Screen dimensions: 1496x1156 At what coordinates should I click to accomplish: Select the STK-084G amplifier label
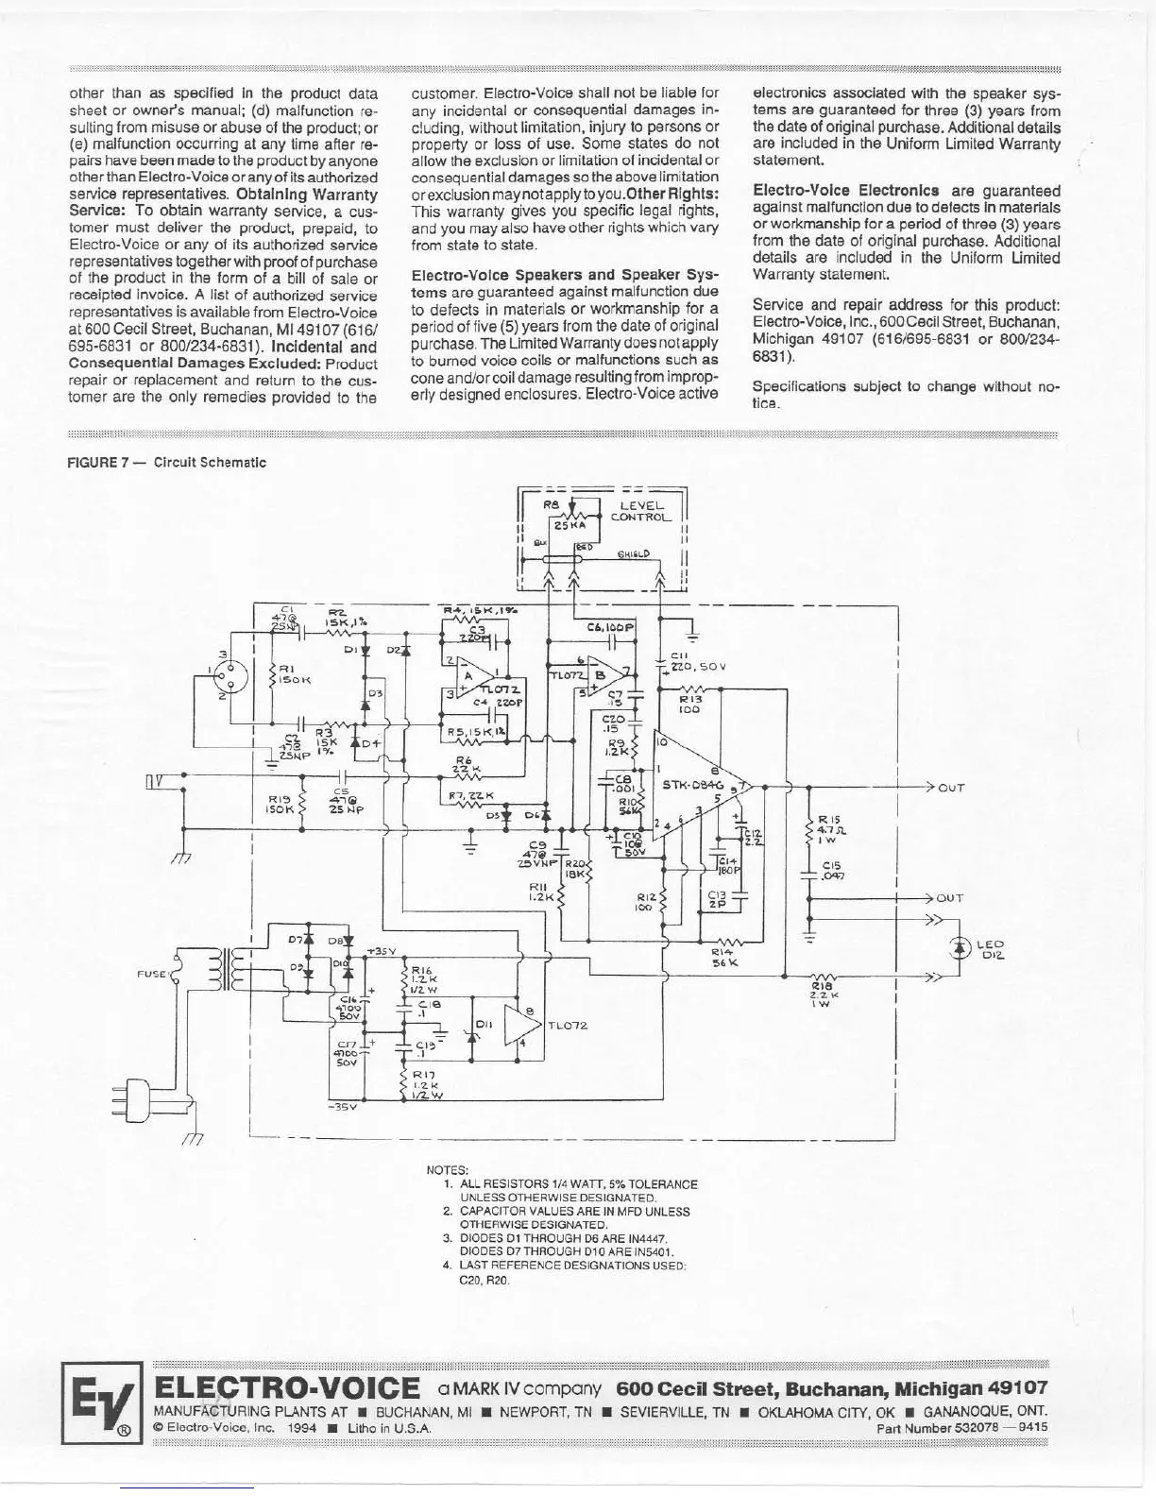(x=691, y=783)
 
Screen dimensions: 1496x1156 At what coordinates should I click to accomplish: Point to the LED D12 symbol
(x=961, y=945)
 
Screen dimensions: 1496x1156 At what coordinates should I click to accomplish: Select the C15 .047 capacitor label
(x=833, y=870)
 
